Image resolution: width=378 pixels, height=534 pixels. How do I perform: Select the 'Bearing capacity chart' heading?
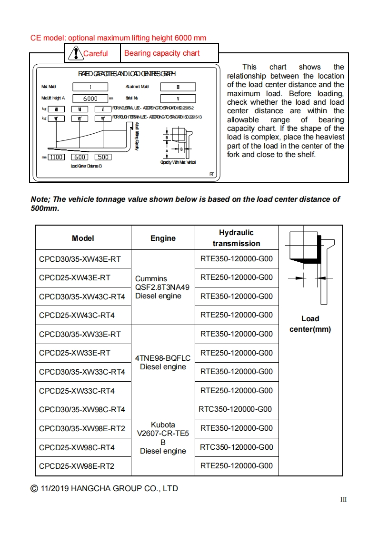pyautogui.click(x=162, y=53)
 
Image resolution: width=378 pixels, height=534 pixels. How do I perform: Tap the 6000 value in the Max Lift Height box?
pyautogui.click(x=90, y=99)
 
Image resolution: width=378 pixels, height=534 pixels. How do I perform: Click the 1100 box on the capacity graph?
pyautogui.click(x=56, y=157)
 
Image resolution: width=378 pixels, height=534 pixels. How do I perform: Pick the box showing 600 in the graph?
pyautogui.click(x=80, y=157)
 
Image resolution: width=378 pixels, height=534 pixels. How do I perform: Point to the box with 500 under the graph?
pyautogui.click(x=103, y=157)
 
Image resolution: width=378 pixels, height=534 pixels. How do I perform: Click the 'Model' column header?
pyautogui.click(x=83, y=238)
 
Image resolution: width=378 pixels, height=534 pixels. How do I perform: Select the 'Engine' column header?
pyautogui.click(x=163, y=238)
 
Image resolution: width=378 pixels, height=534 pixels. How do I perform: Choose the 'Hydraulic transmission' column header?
pyautogui.click(x=236, y=238)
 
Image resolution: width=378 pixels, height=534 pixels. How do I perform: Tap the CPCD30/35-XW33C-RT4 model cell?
pyautogui.click(x=82, y=372)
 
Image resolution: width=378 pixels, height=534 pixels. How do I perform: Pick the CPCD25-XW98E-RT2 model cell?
pyautogui.click(x=77, y=466)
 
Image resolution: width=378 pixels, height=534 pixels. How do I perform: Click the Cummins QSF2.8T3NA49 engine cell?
pyautogui.click(x=162, y=287)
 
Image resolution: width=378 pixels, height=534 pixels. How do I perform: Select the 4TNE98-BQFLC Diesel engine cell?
pyautogui.click(x=163, y=362)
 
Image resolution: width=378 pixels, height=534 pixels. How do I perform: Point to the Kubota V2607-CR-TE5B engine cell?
pyautogui.click(x=163, y=437)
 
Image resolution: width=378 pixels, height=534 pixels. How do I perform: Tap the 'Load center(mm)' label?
pyautogui.click(x=310, y=324)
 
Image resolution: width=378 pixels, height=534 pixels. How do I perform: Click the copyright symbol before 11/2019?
pyautogui.click(x=34, y=488)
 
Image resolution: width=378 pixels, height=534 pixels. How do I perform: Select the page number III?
pyautogui.click(x=343, y=499)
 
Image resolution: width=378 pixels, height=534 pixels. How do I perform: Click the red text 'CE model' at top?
pyautogui.click(x=48, y=38)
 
